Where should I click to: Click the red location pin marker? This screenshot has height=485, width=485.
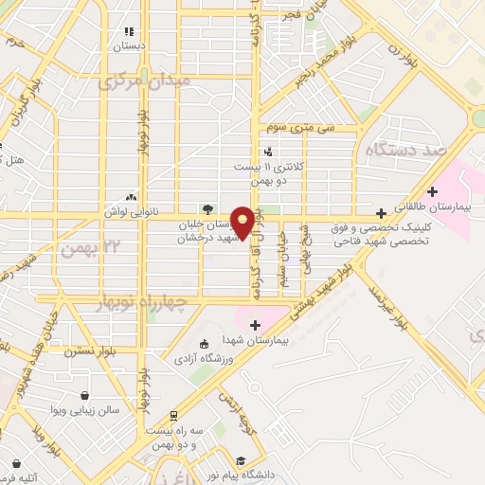243,222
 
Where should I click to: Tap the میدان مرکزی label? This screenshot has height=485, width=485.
145,81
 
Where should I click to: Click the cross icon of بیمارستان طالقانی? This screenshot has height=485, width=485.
432,191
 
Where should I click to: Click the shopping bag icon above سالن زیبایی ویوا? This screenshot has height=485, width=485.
85,395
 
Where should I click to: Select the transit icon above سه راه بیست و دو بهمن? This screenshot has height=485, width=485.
173,415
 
